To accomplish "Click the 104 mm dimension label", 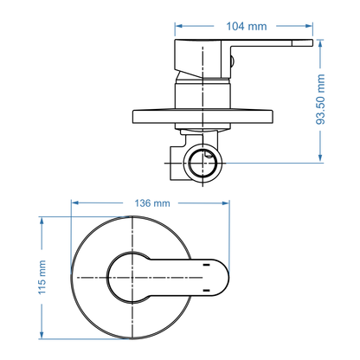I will click(245, 26).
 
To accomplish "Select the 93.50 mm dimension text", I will click(321, 99).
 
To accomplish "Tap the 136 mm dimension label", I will click(152, 202).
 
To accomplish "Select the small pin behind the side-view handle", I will click(232, 59).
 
